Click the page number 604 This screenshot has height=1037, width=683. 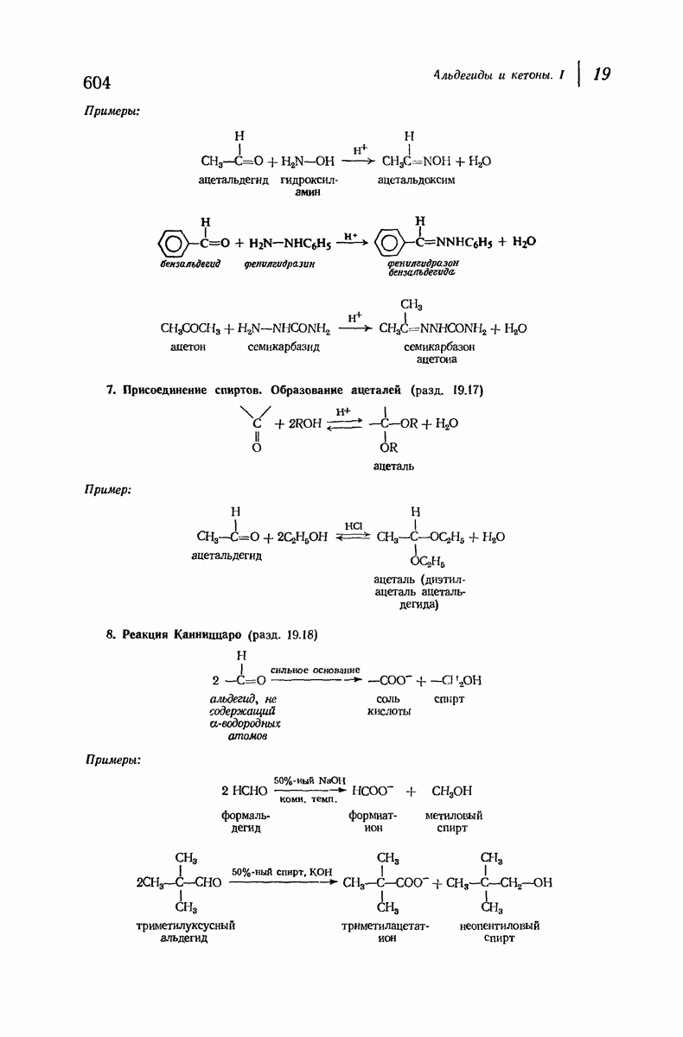[x=97, y=82]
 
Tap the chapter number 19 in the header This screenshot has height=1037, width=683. [x=602, y=73]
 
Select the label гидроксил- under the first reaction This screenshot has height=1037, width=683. [x=309, y=180]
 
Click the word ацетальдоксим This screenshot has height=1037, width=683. [x=416, y=180]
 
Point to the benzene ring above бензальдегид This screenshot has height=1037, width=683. [x=173, y=243]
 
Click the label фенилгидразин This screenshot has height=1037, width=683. [x=279, y=264]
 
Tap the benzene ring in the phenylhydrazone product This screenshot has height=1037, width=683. [x=388, y=243]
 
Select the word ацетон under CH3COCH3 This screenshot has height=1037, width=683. [x=188, y=347]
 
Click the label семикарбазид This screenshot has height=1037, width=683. [x=284, y=347]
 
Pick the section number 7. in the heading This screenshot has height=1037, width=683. [x=111, y=391]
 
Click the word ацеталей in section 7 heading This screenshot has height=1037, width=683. [x=375, y=391]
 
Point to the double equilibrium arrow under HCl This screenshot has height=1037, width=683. [x=353, y=536]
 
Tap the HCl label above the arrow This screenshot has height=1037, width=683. [x=354, y=526]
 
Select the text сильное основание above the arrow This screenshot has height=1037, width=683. [x=316, y=670]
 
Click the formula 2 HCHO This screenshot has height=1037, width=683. [x=244, y=791]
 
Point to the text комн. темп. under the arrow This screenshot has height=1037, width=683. [x=309, y=799]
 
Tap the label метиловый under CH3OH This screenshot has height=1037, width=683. [x=454, y=815]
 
